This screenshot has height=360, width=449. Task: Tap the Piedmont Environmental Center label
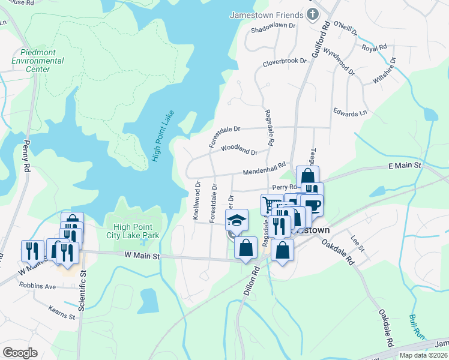tap(37, 61)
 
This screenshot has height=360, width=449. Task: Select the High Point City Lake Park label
tap(137, 231)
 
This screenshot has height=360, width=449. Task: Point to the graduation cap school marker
tap(237, 220)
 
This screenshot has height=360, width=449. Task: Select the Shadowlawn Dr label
tap(274, 27)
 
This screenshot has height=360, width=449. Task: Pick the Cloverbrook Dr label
tap(284, 62)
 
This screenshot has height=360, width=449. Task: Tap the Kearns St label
tap(63, 311)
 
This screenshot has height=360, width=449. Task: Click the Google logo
tap(20, 353)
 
